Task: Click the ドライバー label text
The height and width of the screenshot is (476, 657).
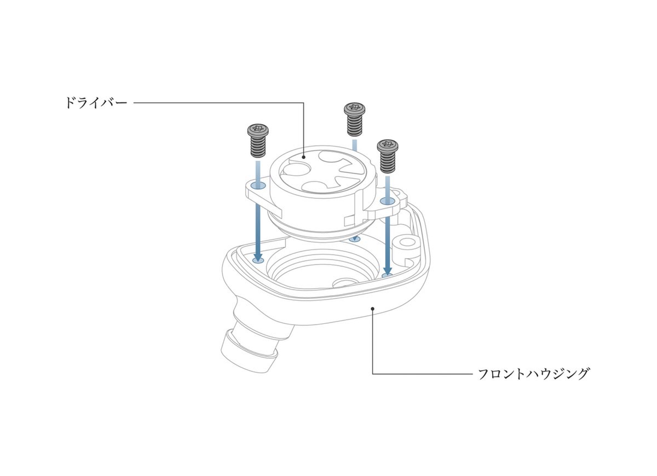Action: coord(96,103)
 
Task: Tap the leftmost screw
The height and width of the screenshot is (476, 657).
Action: coord(258,140)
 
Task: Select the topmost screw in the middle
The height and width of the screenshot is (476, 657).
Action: coord(355,119)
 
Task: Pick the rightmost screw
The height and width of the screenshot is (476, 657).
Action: coord(388,156)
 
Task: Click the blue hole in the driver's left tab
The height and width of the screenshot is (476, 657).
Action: coord(258,185)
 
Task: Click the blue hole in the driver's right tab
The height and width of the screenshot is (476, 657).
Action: coord(388,201)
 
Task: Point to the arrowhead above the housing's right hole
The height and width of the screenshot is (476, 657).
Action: coord(388,270)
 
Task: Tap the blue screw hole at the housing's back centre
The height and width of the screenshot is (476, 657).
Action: coord(355,239)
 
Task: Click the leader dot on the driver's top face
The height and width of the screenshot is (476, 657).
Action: coord(303,157)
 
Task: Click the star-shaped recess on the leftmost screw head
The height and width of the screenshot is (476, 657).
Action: coord(258,128)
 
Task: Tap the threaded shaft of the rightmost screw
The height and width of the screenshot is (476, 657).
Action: coord(388,162)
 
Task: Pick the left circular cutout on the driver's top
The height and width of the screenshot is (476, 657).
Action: coord(295,171)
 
